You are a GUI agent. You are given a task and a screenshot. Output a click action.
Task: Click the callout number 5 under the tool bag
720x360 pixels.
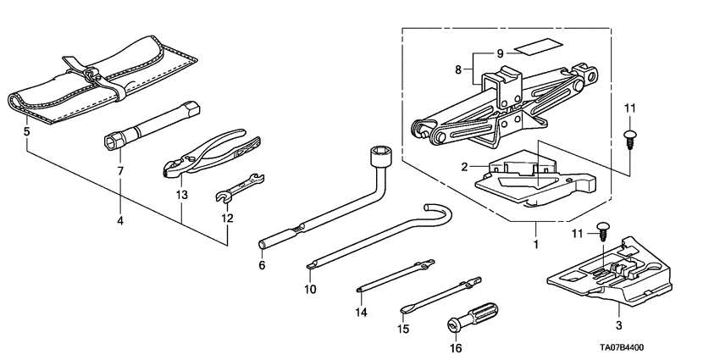(26, 132)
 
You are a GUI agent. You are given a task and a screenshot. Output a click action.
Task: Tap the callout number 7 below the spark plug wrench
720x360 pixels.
(120, 171)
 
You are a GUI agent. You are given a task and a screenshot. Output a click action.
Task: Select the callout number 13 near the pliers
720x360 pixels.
(180, 196)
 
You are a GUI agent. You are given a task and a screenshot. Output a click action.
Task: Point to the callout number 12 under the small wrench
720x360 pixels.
(227, 219)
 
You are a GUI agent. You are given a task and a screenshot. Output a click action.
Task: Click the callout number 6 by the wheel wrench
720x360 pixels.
(262, 265)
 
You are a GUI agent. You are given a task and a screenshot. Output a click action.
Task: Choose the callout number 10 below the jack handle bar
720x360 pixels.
(311, 289)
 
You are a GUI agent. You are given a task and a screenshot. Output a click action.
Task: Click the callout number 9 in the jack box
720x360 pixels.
(501, 53)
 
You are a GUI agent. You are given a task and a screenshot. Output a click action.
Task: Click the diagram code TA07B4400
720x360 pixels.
(660, 347)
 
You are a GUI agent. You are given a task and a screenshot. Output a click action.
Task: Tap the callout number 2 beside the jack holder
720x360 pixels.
(463, 168)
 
